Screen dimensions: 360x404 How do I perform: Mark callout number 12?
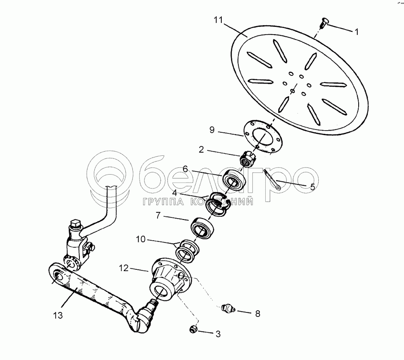pos(123,268)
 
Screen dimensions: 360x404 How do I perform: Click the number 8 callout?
pos(258,314)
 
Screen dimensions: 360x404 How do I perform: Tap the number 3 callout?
pos(218,334)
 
